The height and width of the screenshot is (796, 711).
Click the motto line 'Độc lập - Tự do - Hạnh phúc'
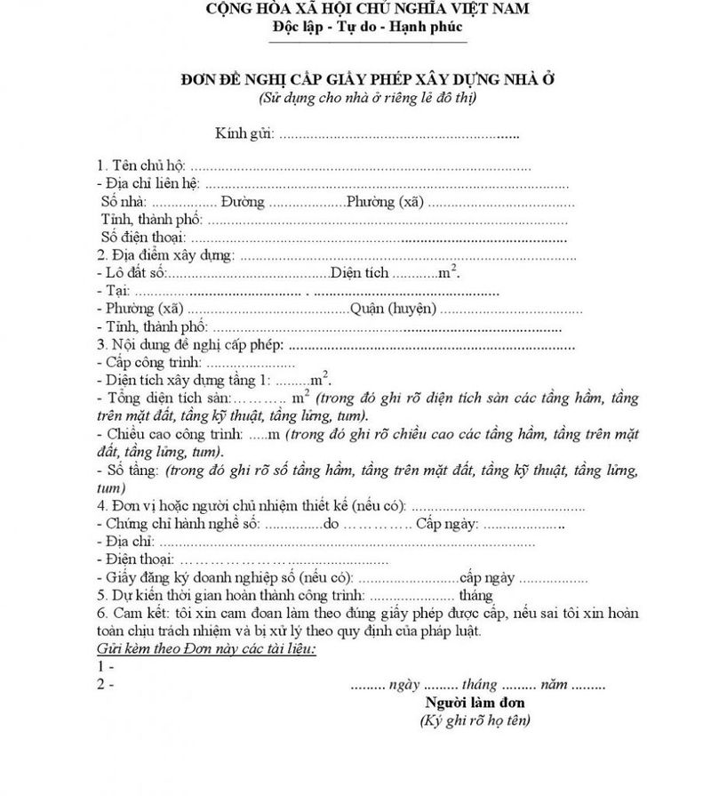[368, 28]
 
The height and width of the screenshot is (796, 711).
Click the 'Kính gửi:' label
[244, 134]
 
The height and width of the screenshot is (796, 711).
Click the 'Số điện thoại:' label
[143, 237]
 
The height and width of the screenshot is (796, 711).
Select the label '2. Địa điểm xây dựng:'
[165, 255]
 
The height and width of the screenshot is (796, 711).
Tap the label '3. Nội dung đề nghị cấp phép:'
[190, 344]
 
